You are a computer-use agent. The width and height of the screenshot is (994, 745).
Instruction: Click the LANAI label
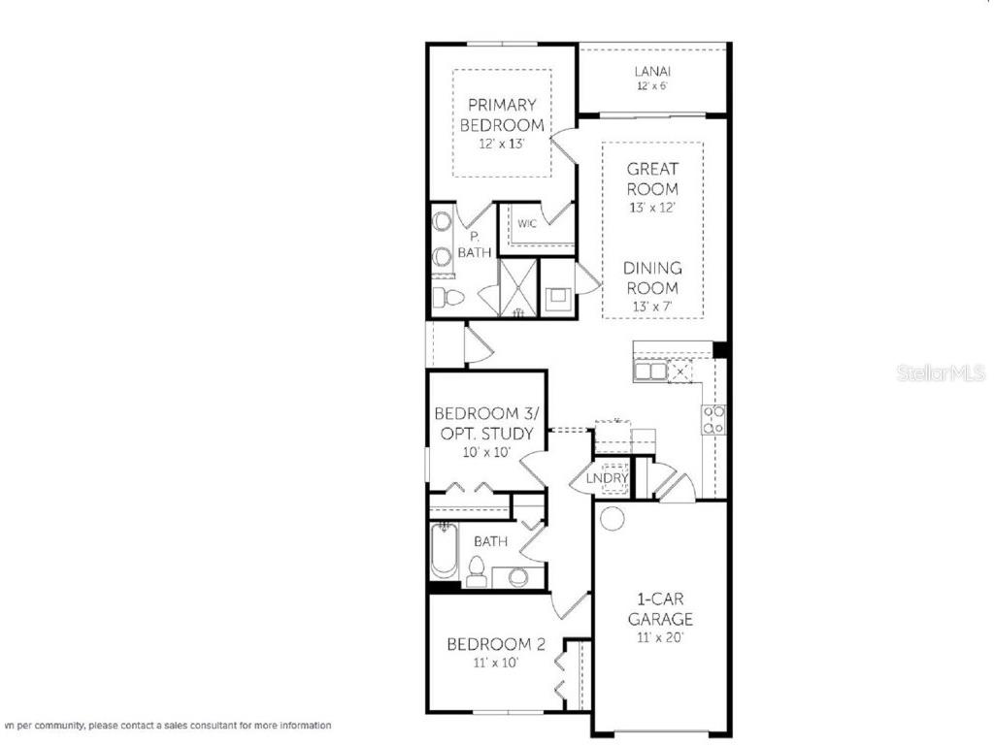pyautogui.click(x=653, y=71)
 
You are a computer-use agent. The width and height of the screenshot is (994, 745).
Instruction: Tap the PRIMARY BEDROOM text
pyautogui.click(x=502, y=114)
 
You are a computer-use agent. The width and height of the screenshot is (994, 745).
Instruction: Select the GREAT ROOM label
pyautogui.click(x=651, y=178)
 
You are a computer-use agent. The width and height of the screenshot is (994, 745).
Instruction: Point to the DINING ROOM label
pyautogui.click(x=651, y=277)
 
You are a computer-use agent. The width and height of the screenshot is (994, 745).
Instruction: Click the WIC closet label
pyautogui.click(x=527, y=224)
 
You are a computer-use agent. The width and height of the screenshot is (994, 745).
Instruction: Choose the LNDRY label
pyautogui.click(x=608, y=478)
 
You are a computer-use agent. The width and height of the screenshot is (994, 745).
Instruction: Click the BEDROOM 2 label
pyautogui.click(x=488, y=644)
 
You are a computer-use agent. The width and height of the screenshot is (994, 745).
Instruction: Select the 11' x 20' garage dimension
pyautogui.click(x=660, y=638)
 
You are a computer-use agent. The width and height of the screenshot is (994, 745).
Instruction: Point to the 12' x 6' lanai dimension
pyautogui.click(x=653, y=86)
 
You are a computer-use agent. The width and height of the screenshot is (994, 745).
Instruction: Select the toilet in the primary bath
pyautogui.click(x=443, y=297)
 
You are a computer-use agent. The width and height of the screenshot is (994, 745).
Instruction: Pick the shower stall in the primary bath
pyautogui.click(x=517, y=287)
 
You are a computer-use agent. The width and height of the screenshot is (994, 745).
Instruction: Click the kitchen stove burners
pyautogui.click(x=713, y=418)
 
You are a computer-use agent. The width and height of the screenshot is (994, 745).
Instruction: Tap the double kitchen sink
pyautogui.click(x=649, y=371)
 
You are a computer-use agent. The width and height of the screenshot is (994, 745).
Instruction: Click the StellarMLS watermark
pyautogui.click(x=941, y=372)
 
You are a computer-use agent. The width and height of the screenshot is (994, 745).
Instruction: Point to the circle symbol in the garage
pyautogui.click(x=612, y=518)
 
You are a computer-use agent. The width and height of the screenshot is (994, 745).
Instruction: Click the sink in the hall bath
pyautogui.click(x=518, y=577)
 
